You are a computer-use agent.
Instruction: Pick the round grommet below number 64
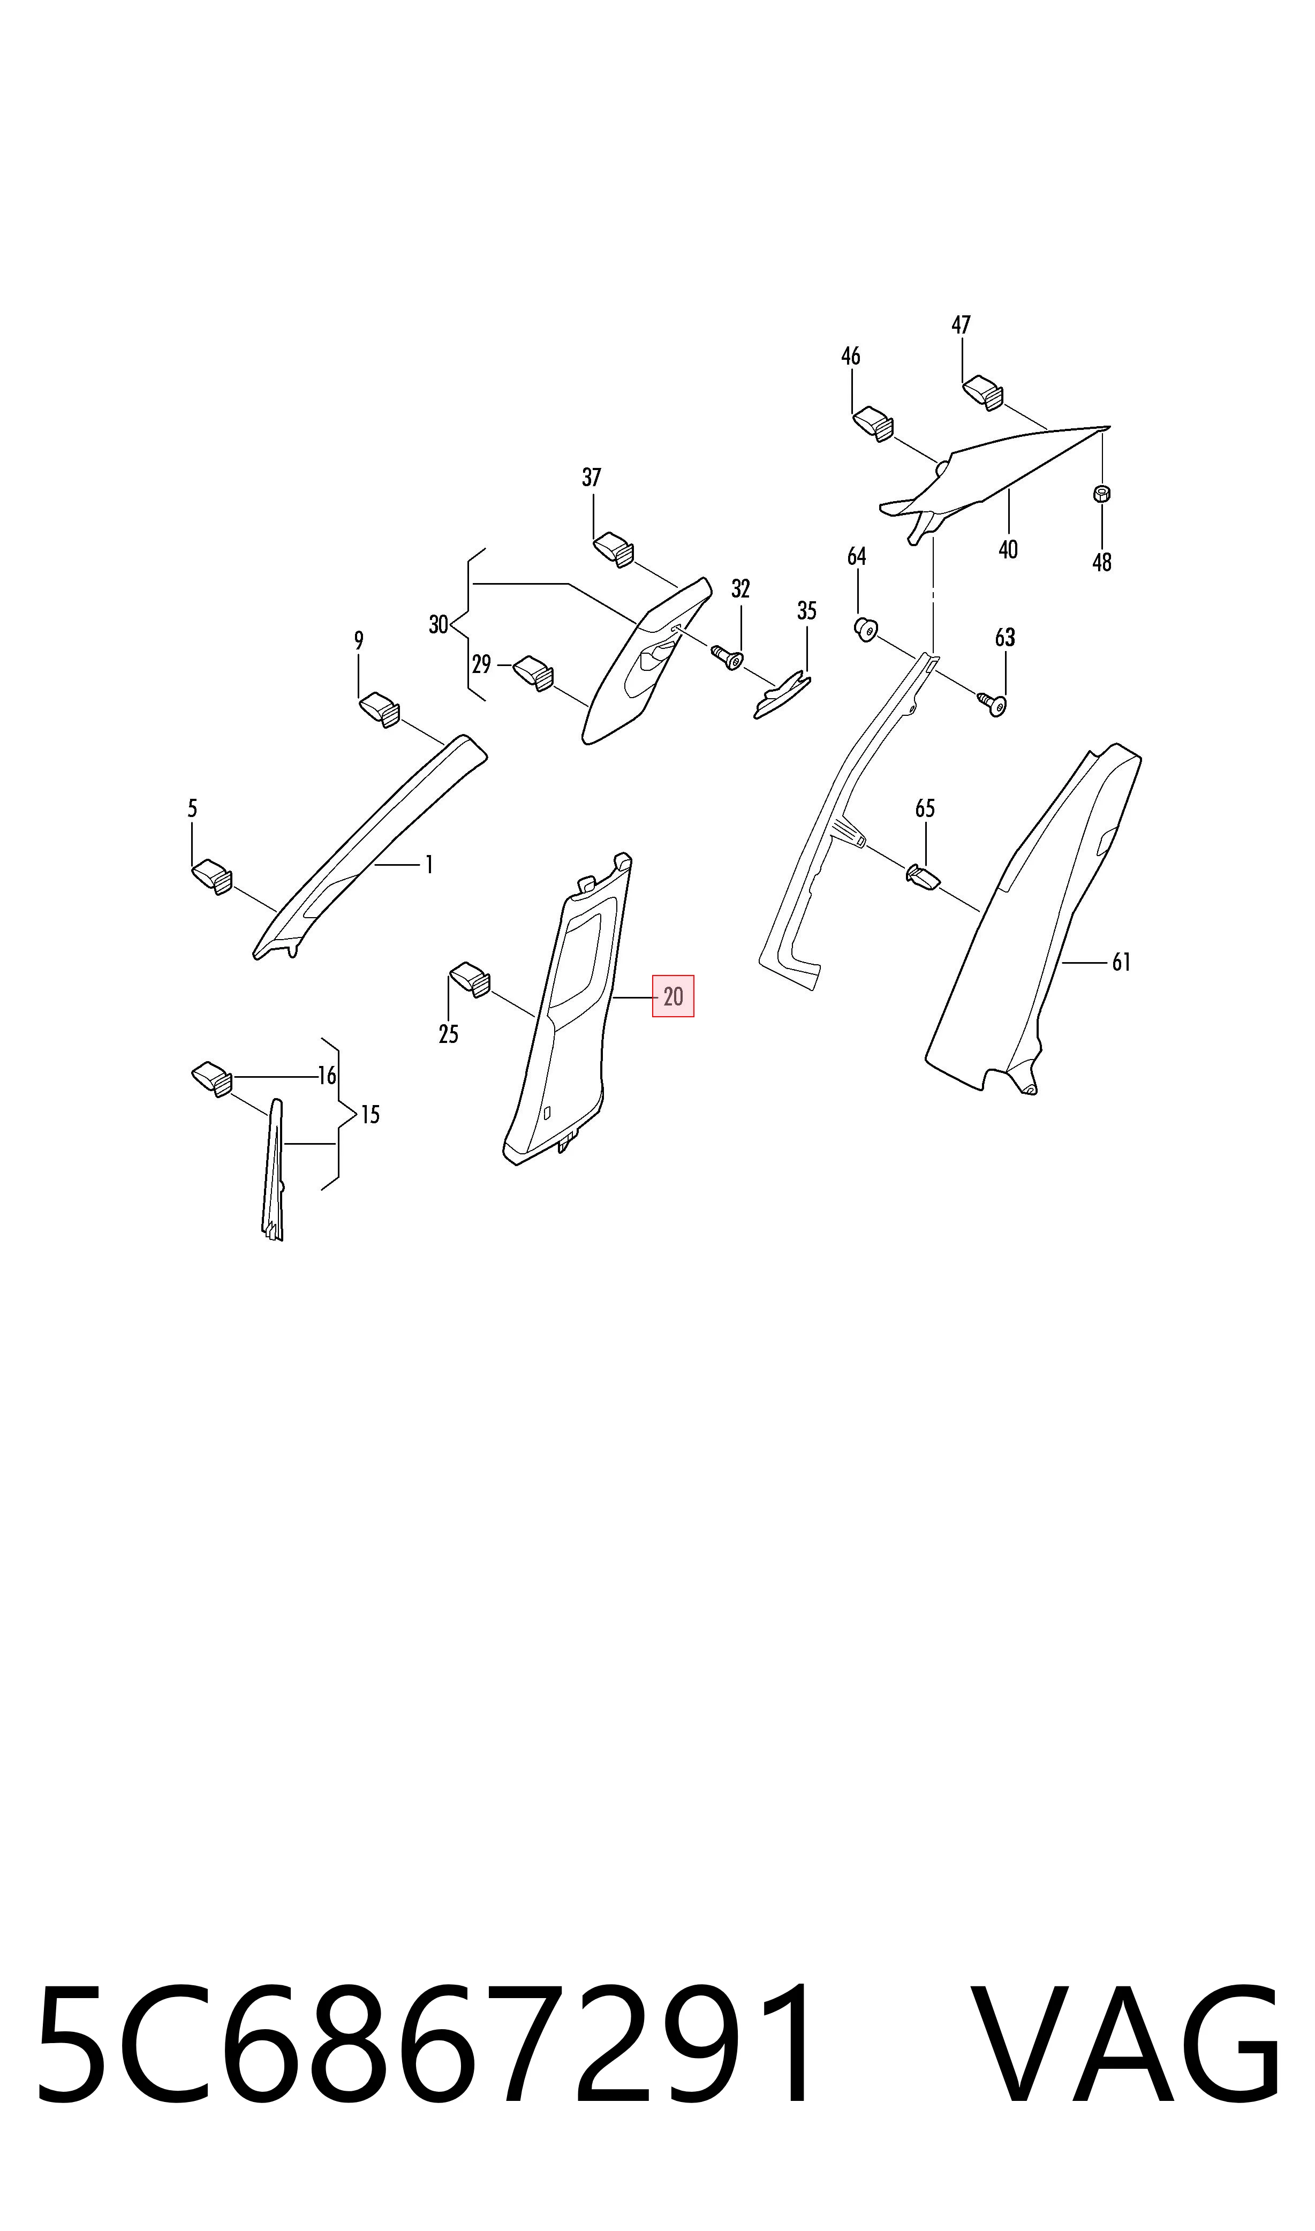point(864,630)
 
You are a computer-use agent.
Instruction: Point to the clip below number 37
point(613,548)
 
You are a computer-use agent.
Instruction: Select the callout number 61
point(1122,962)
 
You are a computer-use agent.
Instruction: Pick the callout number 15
point(371,1115)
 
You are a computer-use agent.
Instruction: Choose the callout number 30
point(439,625)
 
